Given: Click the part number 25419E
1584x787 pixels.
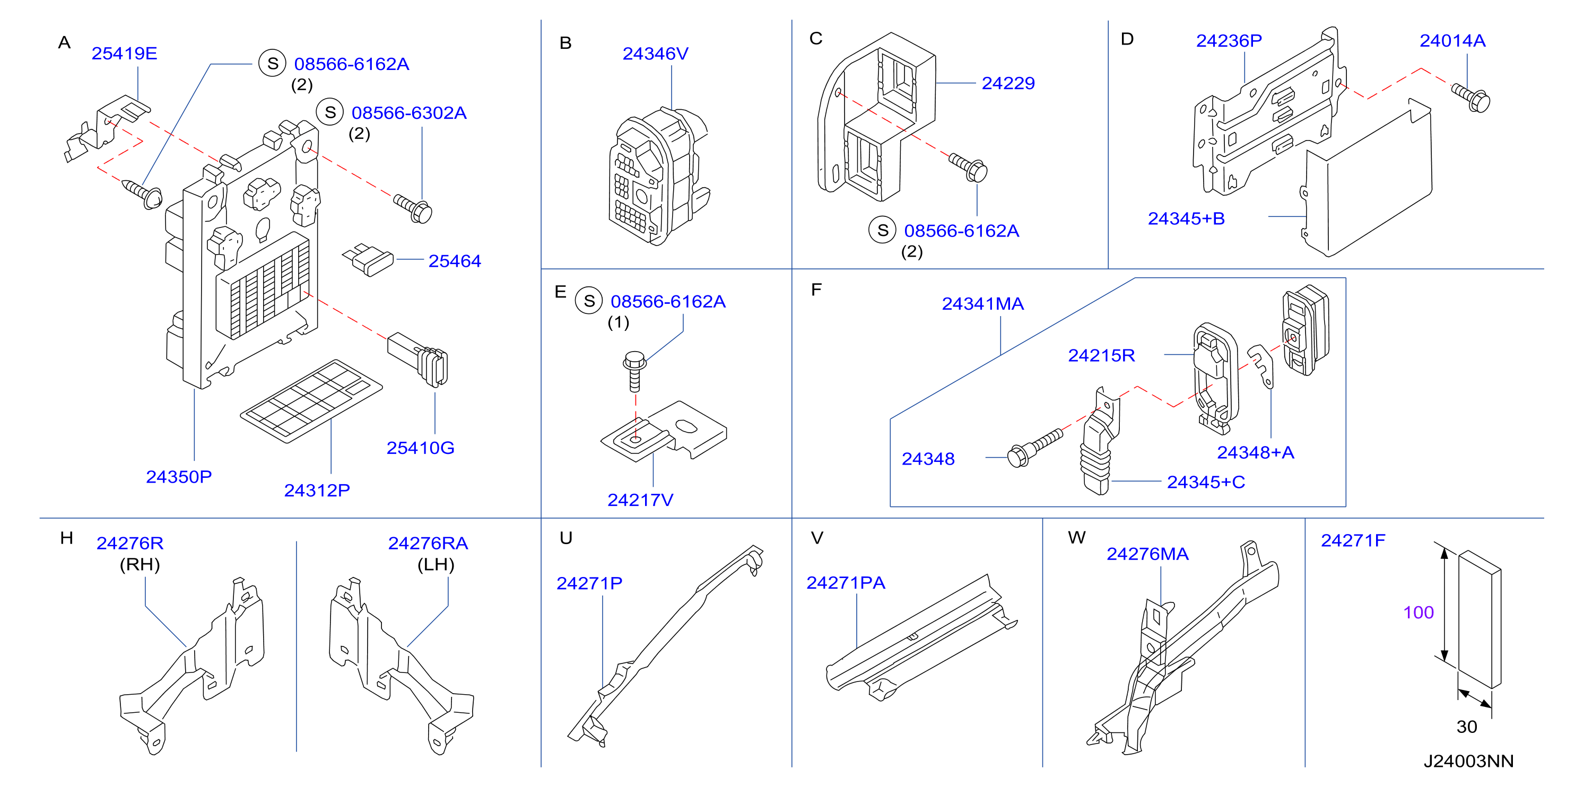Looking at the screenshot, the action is click(x=124, y=54).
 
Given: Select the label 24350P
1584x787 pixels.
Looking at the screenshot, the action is click(x=178, y=477).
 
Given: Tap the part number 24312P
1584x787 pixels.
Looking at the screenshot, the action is click(x=317, y=490).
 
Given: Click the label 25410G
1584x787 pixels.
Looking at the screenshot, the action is click(x=420, y=448).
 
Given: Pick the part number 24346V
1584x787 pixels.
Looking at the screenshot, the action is click(x=655, y=54).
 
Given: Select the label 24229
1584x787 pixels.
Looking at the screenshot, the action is click(x=1008, y=83).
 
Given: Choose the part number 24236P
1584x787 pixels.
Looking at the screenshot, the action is click(x=1229, y=41).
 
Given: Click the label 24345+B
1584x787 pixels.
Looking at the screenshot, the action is click(x=1186, y=218).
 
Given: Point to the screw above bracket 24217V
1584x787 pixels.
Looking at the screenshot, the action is click(x=634, y=371).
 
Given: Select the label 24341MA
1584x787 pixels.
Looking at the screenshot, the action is click(x=982, y=304).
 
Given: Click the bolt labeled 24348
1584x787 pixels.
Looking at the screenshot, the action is click(x=1035, y=448).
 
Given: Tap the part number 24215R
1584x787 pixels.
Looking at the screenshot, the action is click(x=1101, y=355).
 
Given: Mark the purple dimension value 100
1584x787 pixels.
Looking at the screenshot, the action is click(x=1418, y=613).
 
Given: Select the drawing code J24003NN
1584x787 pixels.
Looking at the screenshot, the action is click(x=1468, y=761).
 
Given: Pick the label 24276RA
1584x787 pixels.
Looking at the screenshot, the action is click(x=428, y=543).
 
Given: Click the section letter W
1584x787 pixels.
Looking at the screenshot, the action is click(x=1077, y=537).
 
